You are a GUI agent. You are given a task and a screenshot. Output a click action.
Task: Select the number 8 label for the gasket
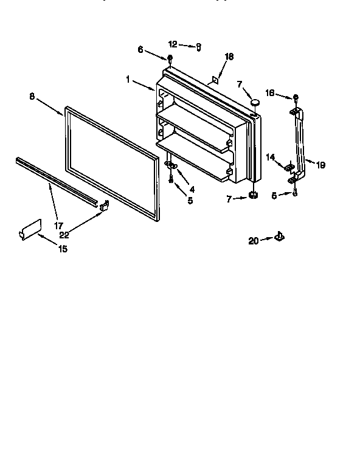(x=32, y=95)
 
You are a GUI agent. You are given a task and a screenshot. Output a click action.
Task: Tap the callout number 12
(x=173, y=44)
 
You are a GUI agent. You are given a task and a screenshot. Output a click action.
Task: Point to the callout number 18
(x=229, y=57)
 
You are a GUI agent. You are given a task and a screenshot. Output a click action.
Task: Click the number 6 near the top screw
(x=140, y=50)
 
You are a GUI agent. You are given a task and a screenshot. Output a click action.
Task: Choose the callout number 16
(x=271, y=92)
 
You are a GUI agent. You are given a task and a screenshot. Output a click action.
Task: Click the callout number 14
(x=270, y=157)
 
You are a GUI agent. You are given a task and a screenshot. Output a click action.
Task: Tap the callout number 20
(x=254, y=241)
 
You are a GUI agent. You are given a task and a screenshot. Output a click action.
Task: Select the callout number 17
(x=59, y=225)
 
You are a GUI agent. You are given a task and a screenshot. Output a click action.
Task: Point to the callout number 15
(x=63, y=249)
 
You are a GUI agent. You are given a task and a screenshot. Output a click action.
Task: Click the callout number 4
(x=192, y=189)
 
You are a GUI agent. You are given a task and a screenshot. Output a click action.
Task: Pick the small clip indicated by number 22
(x=104, y=206)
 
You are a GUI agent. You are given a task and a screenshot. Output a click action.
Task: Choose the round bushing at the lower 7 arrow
(x=251, y=196)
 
